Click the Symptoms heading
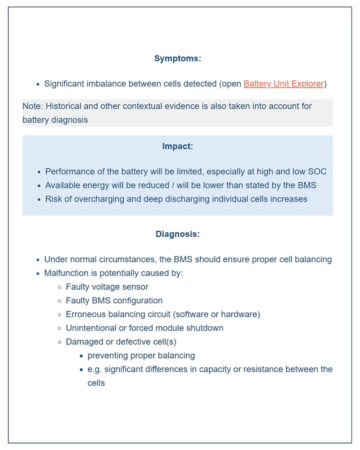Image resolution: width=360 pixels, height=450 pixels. pyautogui.click(x=178, y=58)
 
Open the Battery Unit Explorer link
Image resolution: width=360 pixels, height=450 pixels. pyautogui.click(x=284, y=84)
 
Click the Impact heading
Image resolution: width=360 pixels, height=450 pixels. pyautogui.click(x=178, y=146)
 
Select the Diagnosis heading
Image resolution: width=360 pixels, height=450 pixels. pyautogui.click(x=178, y=234)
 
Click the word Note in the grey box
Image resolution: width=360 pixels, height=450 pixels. pyautogui.click(x=33, y=106)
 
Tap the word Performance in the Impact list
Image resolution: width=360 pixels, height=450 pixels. pyautogui.click(x=71, y=171)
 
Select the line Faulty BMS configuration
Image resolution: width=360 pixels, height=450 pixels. pyautogui.click(x=114, y=301)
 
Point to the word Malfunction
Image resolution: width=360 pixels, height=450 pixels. pyautogui.click(x=71, y=273)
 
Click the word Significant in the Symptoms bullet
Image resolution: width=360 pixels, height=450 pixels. pyautogui.click(x=71, y=84)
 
